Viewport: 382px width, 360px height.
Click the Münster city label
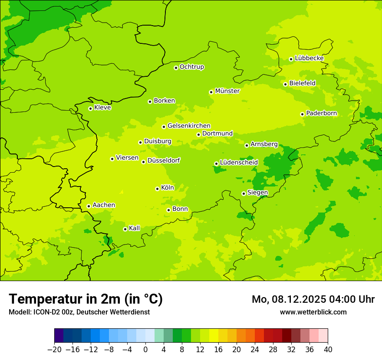[x=227, y=91]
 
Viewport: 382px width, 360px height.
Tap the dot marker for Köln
[x=157, y=189]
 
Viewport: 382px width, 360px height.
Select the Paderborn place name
[x=321, y=114]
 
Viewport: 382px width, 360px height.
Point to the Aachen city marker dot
[x=89, y=206]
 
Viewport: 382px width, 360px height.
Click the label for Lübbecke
[x=309, y=58]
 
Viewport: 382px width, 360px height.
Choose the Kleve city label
[x=102, y=108]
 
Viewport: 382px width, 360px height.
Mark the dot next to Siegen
[x=244, y=193]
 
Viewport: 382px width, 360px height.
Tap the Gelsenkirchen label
[x=189, y=126]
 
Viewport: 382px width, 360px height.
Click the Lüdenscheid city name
[x=239, y=163]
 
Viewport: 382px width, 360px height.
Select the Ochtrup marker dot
[x=176, y=68]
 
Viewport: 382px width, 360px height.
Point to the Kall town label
[x=135, y=228]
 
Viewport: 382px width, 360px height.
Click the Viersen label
[x=127, y=158]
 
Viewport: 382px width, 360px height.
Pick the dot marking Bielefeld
[x=285, y=84]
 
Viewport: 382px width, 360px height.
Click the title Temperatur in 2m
[x=86, y=299]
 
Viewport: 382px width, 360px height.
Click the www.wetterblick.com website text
[x=313, y=312]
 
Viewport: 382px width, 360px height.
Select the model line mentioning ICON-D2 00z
[x=79, y=312]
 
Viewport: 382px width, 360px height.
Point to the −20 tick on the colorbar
[x=54, y=350]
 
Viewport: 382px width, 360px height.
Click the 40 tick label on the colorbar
[x=328, y=350]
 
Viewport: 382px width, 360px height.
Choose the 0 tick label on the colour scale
[x=145, y=350]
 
